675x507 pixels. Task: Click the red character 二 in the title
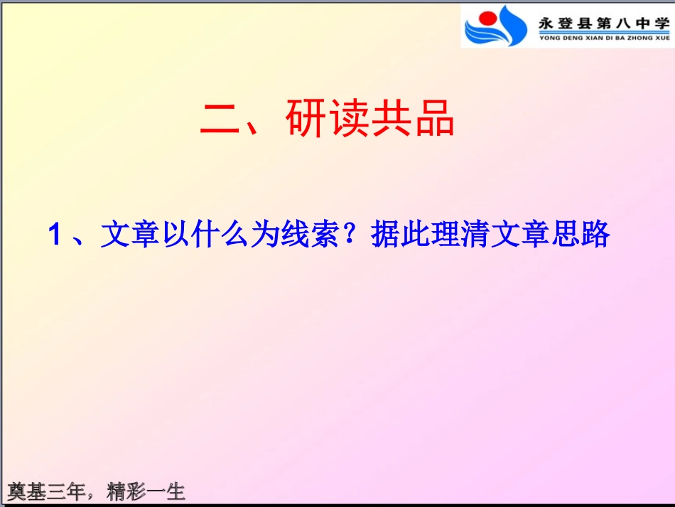pyautogui.click(x=222, y=119)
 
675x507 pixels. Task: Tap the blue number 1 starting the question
pyautogui.click(x=55, y=235)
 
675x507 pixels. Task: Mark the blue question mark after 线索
pyautogui.click(x=352, y=235)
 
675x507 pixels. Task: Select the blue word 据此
pyautogui.click(x=395, y=235)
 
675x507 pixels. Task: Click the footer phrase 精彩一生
pyautogui.click(x=146, y=491)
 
